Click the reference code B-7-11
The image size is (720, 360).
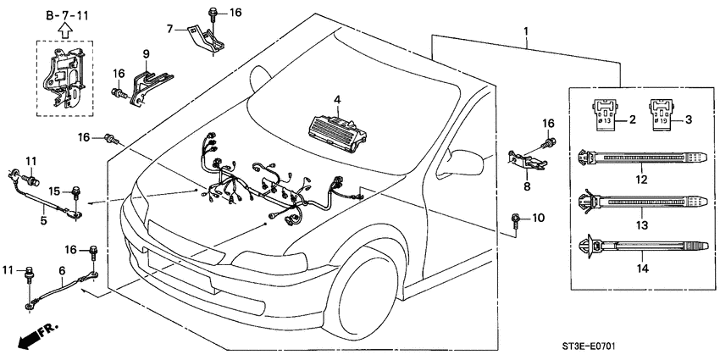[x=65, y=14]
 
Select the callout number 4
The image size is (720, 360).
[x=336, y=100]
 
